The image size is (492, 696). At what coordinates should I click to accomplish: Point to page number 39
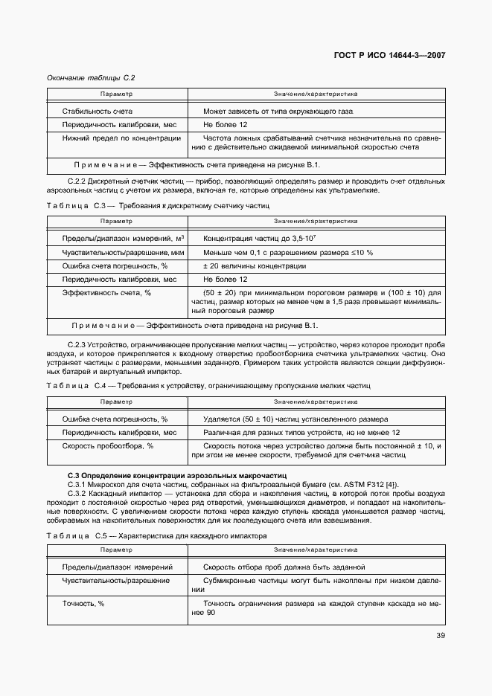(x=440, y=636)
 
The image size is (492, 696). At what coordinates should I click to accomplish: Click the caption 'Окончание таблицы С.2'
(x=91, y=77)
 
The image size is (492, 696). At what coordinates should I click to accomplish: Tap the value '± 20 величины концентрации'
(x=254, y=266)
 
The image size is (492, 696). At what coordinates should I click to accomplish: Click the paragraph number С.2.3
(x=77, y=346)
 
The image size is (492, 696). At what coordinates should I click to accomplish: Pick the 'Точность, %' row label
(x=83, y=603)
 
